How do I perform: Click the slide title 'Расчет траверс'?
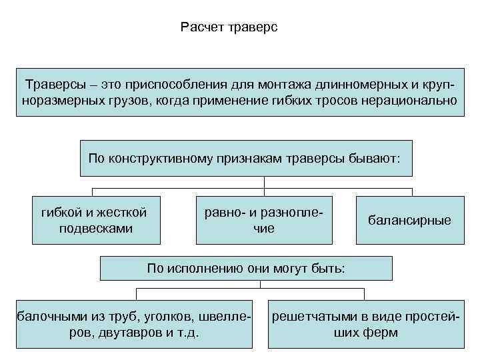(228, 28)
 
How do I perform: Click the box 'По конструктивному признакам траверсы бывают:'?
(245, 159)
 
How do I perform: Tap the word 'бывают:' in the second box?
(376, 159)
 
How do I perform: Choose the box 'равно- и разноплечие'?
(264, 220)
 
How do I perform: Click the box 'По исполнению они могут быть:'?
(245, 269)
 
